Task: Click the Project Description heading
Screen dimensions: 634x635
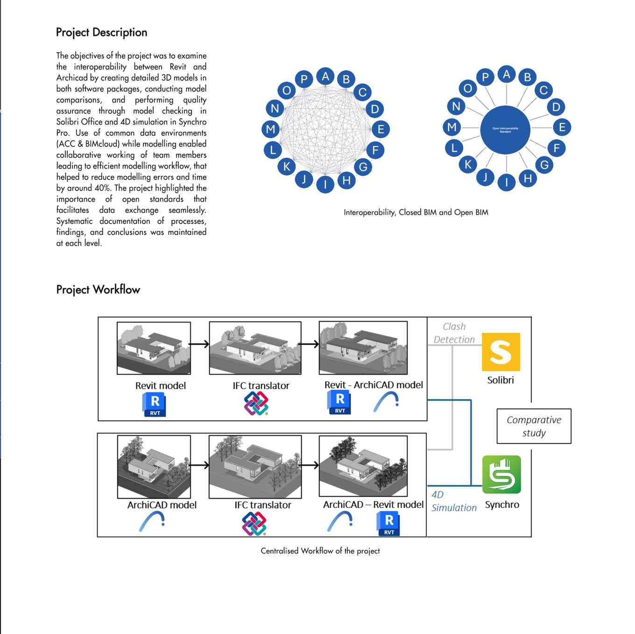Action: point(101,32)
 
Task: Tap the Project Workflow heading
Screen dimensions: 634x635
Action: point(98,289)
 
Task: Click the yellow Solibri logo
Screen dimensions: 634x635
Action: point(501,352)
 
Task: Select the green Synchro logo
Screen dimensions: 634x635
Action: point(501,474)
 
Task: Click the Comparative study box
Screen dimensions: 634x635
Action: point(534,426)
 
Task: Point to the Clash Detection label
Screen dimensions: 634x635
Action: point(454,333)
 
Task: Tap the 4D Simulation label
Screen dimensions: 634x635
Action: point(453,501)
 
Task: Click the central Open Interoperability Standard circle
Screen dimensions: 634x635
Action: point(505,130)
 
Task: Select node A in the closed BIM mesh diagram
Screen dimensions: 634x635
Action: point(325,77)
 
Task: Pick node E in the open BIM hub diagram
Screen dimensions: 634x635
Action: point(562,127)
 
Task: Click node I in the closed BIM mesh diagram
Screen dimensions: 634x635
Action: point(325,184)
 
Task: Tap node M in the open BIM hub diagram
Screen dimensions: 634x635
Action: point(452,127)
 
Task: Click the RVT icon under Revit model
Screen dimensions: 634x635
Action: point(154,404)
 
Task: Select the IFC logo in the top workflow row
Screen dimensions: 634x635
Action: point(256,403)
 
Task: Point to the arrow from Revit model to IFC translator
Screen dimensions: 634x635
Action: point(199,344)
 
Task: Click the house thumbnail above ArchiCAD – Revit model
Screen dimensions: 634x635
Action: point(363,465)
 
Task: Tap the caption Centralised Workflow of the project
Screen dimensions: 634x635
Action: point(320,551)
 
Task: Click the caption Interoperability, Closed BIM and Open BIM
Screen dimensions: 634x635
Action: point(416,212)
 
